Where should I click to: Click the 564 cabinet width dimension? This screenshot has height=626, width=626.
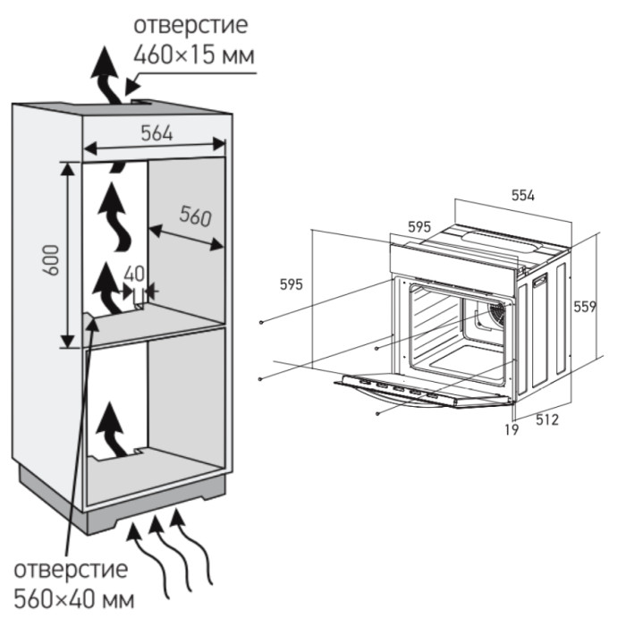point(156,132)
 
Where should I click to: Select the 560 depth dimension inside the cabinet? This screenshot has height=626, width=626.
point(194,216)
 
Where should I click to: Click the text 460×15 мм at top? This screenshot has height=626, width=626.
point(194,55)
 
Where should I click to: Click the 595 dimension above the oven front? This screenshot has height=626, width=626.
point(419,227)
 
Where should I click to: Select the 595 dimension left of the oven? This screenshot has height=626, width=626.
point(291,284)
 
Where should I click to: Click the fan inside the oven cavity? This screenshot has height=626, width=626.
point(490,314)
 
